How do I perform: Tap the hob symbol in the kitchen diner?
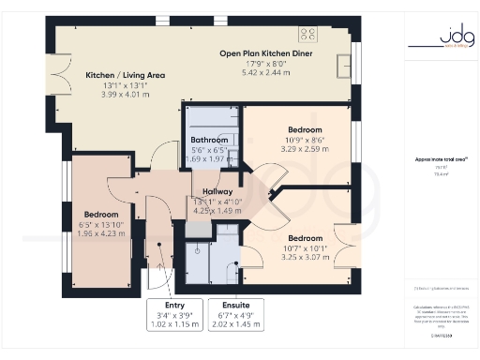(x=307, y=34)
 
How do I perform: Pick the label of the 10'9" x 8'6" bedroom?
(x=305, y=129)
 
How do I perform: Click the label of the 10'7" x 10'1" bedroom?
(x=305, y=238)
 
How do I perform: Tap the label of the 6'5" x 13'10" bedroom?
(x=100, y=214)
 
